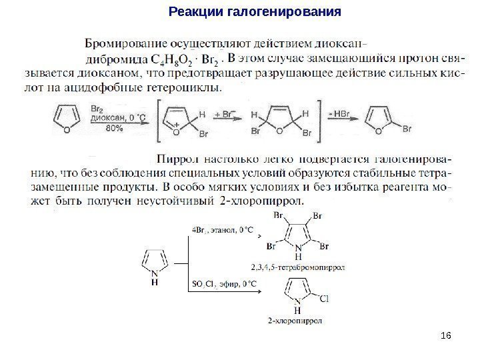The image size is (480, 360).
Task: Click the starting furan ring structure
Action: click(62, 121)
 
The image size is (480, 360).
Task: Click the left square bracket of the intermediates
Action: click(159, 121)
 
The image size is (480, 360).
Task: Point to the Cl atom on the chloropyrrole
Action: click(325, 298)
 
